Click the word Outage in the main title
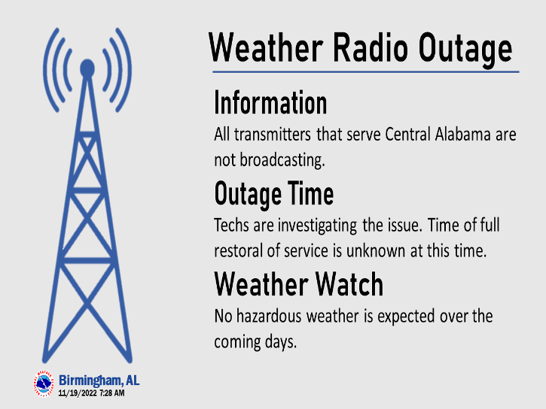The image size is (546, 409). [465, 49]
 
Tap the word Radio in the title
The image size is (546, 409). [371, 47]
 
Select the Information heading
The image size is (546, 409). [270, 102]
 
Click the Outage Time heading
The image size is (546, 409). [274, 195]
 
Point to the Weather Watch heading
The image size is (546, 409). [299, 284]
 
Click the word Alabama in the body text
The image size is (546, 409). [462, 134]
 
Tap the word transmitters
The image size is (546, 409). [273, 135]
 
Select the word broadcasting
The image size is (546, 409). [282, 160]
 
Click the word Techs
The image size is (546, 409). [231, 226]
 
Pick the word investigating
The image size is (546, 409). [317, 226]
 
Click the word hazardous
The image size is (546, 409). [268, 317]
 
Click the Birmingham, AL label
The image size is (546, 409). [99, 380]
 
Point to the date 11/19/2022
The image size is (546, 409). [78, 393]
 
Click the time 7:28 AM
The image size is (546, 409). [111, 393]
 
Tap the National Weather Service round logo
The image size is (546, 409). [44, 383]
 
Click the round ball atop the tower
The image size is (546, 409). [87, 68]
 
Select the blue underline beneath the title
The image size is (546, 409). [366, 72]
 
